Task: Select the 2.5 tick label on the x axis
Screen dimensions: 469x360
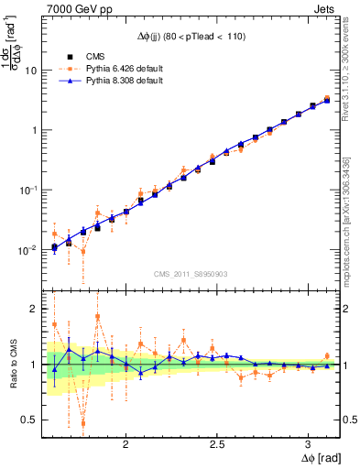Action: coord(217,443)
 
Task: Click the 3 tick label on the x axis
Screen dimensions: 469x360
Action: coord(309,443)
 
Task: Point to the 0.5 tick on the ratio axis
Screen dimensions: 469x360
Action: coord(28,420)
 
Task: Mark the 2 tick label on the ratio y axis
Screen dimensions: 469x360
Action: coord(34,309)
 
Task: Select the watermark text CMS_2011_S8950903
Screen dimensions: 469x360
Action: coord(191,274)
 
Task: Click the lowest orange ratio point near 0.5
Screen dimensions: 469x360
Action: coord(83,422)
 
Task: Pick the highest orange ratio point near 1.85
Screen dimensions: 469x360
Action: coord(98,317)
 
